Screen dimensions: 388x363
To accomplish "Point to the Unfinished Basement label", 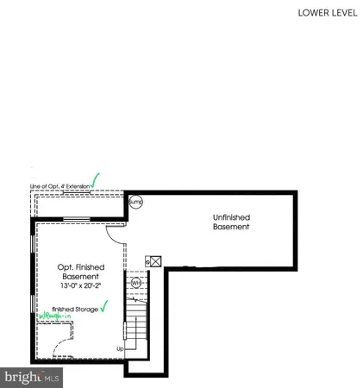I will [x=231, y=222].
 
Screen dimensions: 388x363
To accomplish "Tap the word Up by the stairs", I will [x=121, y=349].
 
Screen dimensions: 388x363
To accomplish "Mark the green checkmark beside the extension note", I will [x=96, y=180].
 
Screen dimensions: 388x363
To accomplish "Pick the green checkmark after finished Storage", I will [x=103, y=304].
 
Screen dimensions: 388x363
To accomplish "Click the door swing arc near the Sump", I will [x=115, y=231].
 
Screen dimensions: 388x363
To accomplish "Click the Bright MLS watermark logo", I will [x=32, y=377].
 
